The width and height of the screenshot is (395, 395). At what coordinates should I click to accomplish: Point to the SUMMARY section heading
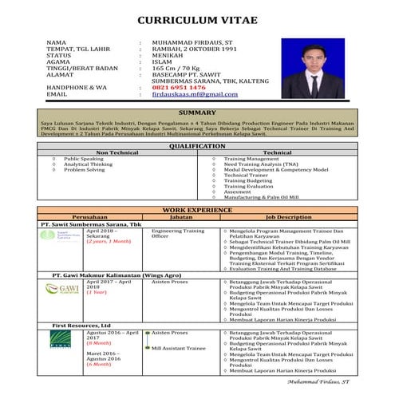197,113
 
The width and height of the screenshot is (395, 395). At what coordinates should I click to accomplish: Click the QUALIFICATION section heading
197,146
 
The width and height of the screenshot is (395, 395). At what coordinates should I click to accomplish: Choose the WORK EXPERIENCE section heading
197,208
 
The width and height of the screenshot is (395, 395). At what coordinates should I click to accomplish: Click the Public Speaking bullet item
85,159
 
